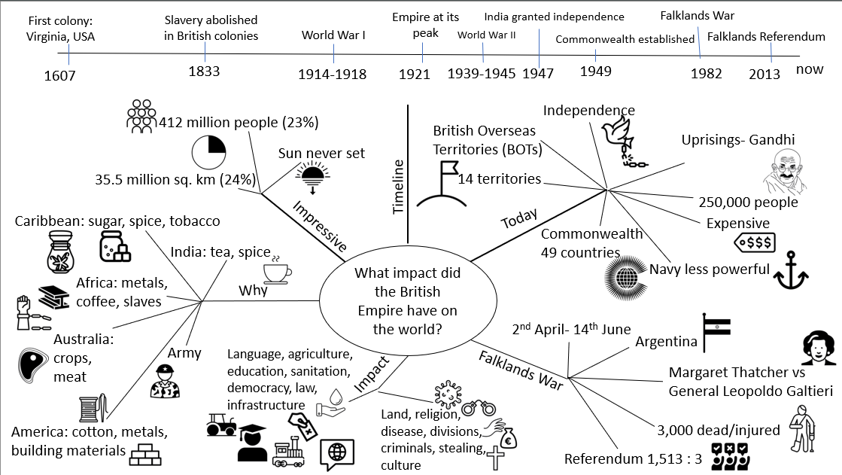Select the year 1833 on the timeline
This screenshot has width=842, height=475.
[x=205, y=72]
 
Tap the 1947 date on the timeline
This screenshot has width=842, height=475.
[x=538, y=73]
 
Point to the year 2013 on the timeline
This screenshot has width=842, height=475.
[x=770, y=73]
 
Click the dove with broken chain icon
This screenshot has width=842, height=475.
[x=623, y=135]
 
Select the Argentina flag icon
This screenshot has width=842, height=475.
[x=715, y=330]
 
